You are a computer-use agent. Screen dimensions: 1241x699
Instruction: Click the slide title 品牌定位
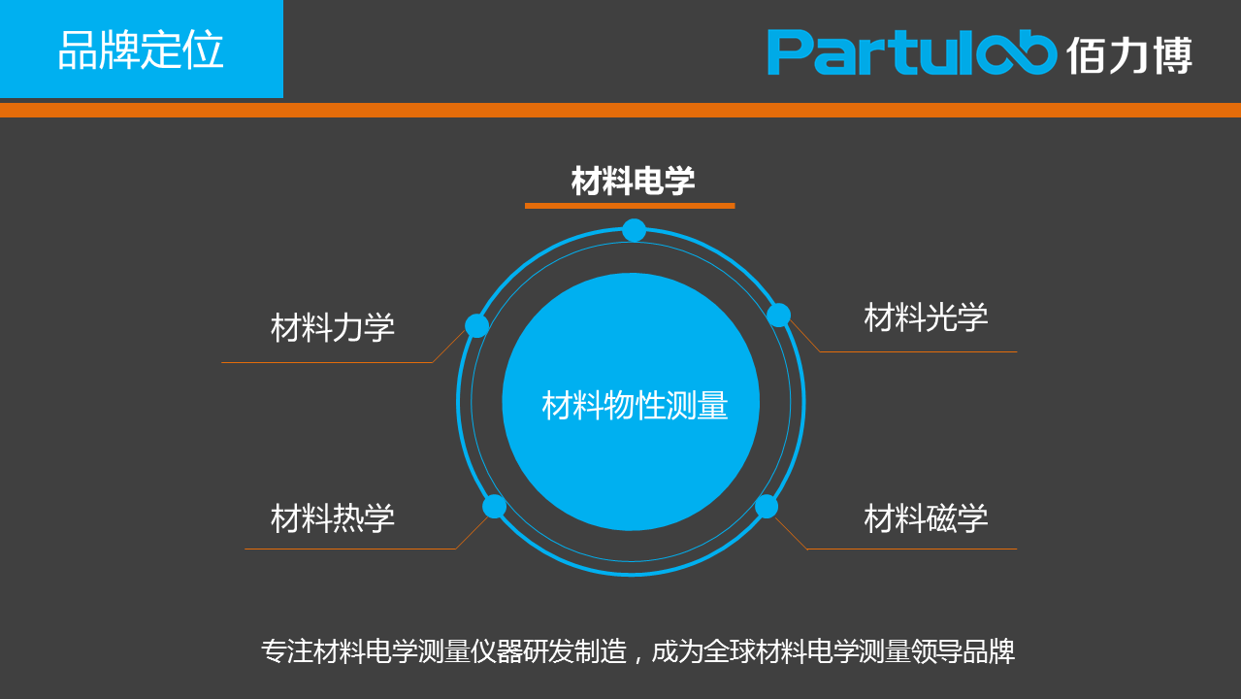pyautogui.click(x=141, y=50)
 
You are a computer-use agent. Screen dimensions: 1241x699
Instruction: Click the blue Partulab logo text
pyautogui.click(x=912, y=52)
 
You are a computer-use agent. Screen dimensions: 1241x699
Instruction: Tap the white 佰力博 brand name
pyautogui.click(x=1129, y=55)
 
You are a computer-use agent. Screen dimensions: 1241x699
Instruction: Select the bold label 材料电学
pyautogui.click(x=633, y=181)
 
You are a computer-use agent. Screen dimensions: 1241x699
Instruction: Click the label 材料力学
pyautogui.click(x=333, y=327)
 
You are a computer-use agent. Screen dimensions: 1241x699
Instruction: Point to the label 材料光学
pyautogui.click(x=926, y=317)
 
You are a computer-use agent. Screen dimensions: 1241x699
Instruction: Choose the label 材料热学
pyautogui.click(x=333, y=518)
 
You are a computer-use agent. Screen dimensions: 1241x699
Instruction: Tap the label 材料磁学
pyautogui.click(x=926, y=518)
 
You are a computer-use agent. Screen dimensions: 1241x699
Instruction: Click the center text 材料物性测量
pyautogui.click(x=635, y=405)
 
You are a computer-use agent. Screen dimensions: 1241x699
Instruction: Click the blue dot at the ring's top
pyautogui.click(x=634, y=230)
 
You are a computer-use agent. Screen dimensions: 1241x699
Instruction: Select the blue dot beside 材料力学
pyautogui.click(x=476, y=325)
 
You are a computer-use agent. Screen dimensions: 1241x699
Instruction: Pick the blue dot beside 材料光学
pyautogui.click(x=778, y=315)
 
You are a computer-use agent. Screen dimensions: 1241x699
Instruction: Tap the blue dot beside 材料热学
pyautogui.click(x=494, y=506)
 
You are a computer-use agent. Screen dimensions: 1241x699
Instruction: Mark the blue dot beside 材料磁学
pyautogui.click(x=767, y=506)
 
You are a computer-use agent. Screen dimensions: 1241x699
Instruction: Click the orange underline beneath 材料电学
pyautogui.click(x=630, y=206)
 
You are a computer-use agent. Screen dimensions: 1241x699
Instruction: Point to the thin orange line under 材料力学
pyautogui.click(x=327, y=362)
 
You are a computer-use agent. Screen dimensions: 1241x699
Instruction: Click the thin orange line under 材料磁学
pyautogui.click(x=912, y=549)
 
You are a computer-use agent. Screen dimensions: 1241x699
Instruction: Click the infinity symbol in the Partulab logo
pyautogui.click(x=1016, y=52)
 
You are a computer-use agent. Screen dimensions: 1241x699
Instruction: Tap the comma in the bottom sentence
pyautogui.click(x=638, y=659)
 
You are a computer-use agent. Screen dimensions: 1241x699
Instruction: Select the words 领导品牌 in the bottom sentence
pyautogui.click(x=963, y=651)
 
